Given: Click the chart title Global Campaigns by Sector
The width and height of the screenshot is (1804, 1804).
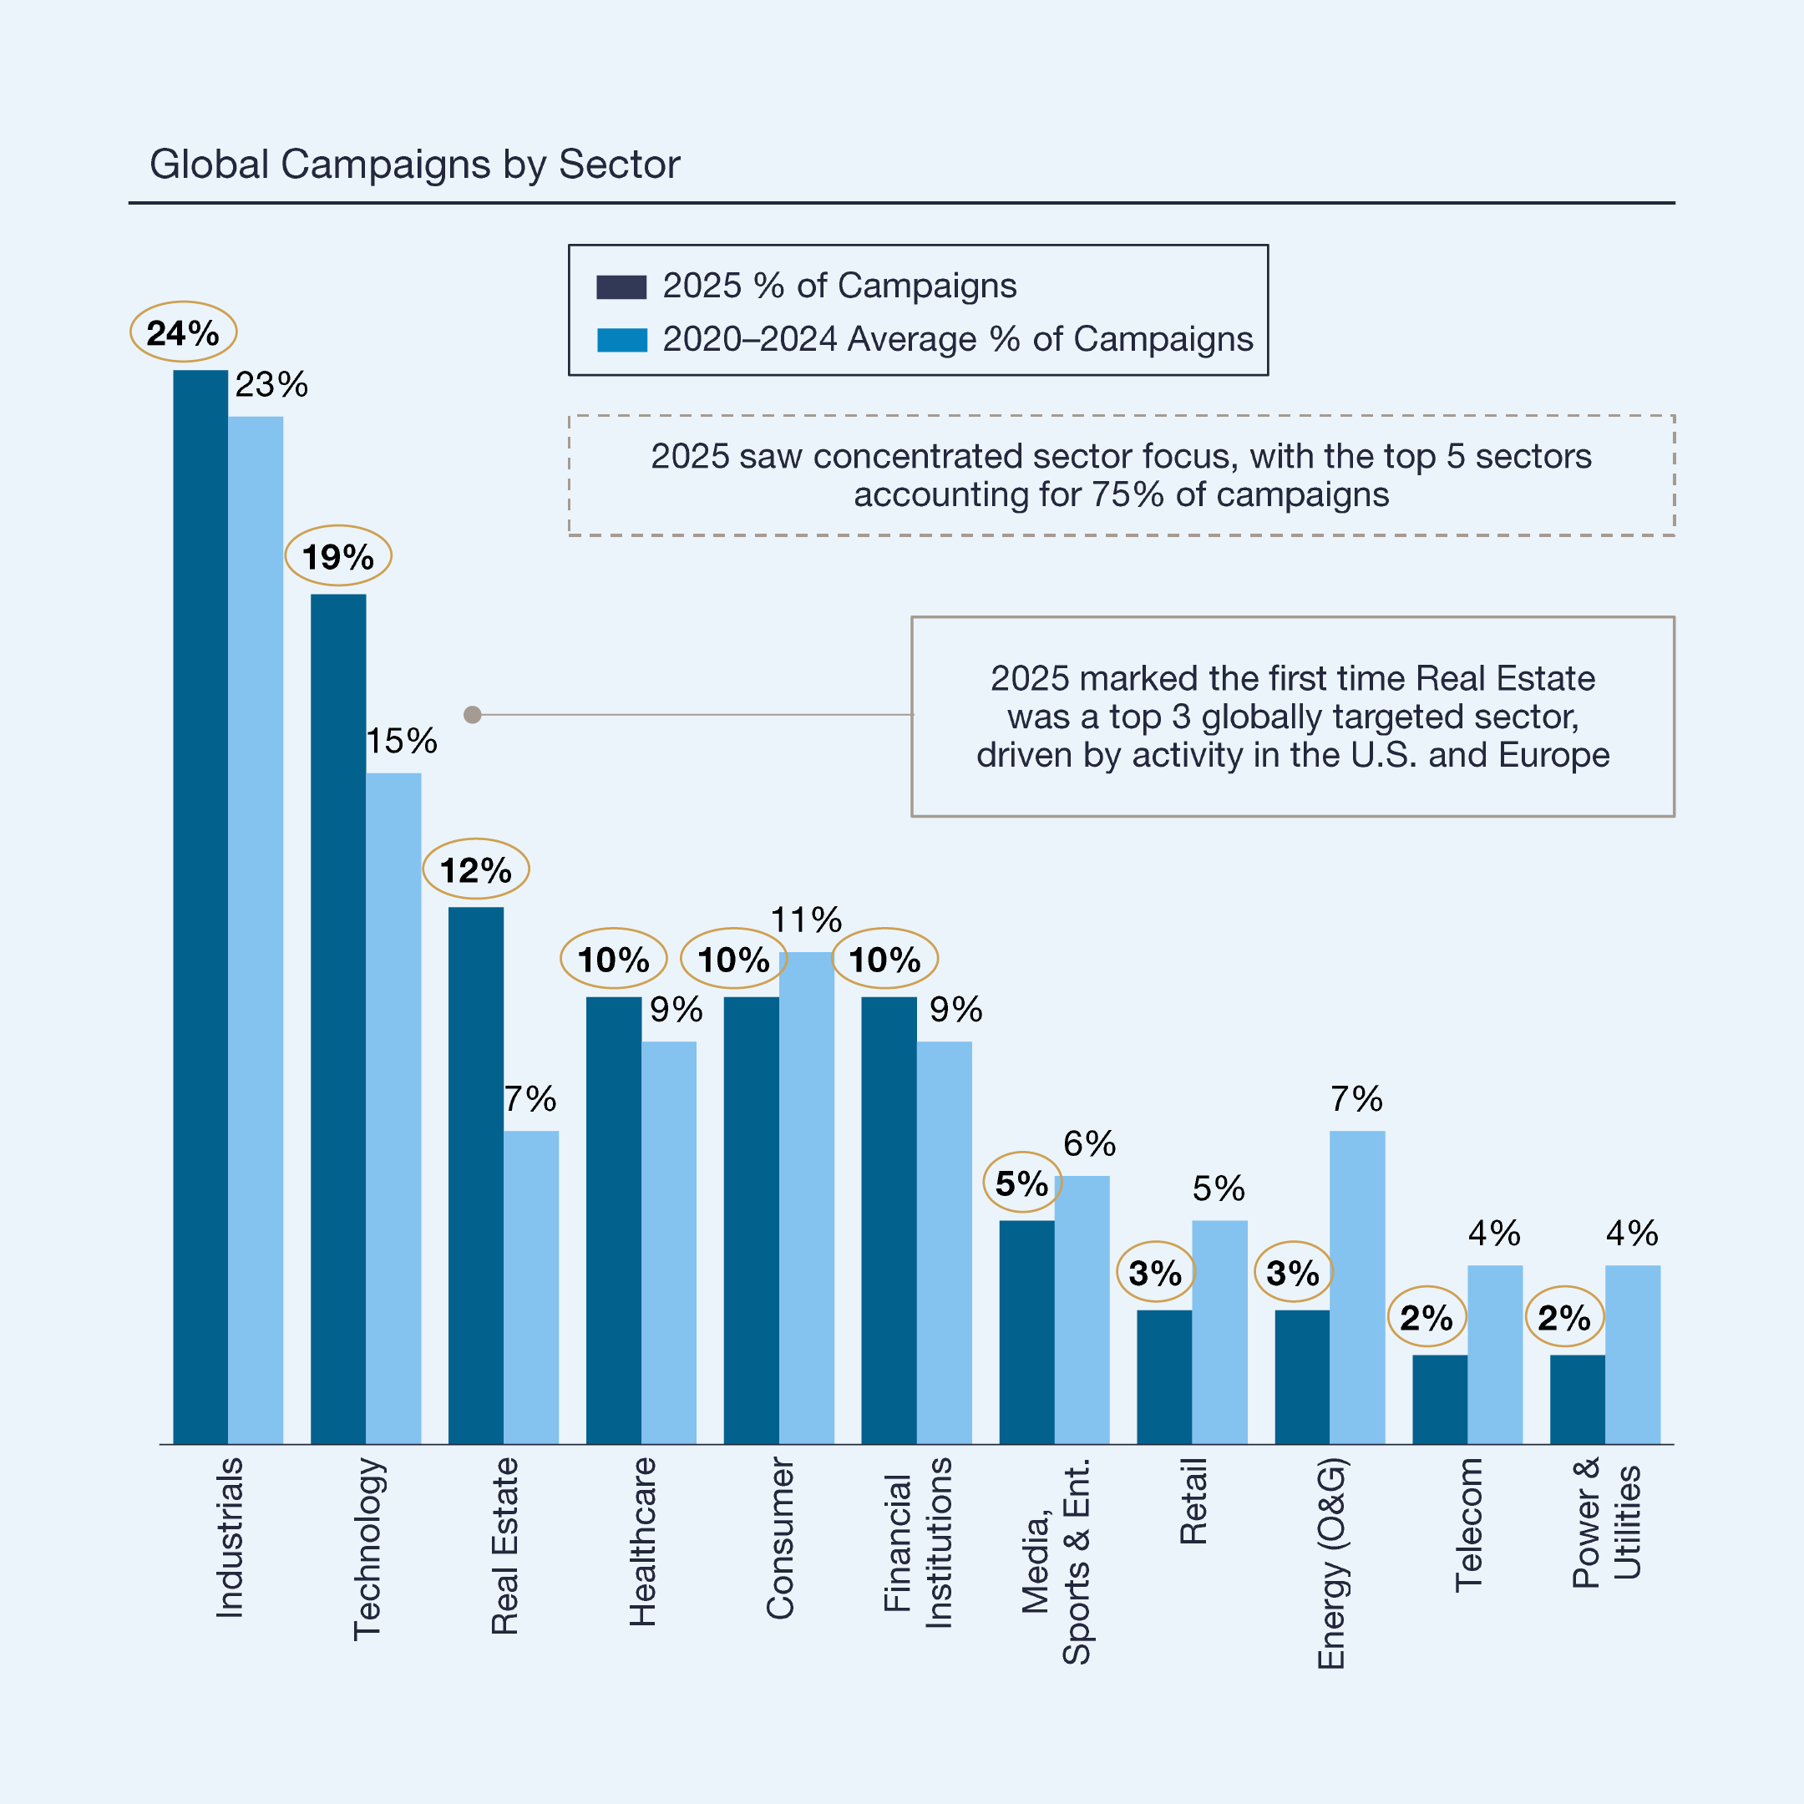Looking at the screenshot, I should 414,165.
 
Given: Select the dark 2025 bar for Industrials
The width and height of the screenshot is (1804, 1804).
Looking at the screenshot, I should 200,905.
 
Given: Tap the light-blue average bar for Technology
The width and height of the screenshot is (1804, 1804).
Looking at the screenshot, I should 393,1107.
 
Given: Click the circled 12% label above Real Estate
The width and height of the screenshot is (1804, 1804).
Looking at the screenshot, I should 475,870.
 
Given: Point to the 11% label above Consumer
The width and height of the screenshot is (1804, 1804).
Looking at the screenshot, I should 806,920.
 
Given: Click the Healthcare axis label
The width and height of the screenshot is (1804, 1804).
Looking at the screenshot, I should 642,1542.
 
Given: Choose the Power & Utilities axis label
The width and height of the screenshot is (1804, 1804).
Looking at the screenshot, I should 1605,1522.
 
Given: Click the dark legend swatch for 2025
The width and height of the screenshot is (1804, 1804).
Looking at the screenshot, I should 621,286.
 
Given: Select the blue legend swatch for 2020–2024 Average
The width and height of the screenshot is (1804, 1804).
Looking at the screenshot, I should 621,340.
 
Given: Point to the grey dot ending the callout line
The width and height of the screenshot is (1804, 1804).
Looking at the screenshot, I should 473,714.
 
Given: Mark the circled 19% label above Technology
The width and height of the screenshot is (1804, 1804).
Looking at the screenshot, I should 337,556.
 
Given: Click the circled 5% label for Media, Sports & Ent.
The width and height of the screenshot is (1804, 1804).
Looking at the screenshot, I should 1021,1183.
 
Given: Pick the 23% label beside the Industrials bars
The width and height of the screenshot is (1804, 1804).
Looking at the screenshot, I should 271,385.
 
